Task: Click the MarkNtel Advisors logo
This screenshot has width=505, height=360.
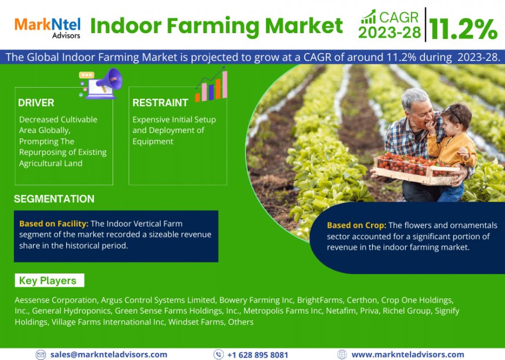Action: click(47, 26)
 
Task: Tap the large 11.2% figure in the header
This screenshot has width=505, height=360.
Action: click(463, 28)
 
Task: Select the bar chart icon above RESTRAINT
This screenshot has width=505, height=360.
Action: click(211, 85)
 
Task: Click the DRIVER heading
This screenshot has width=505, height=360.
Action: click(36, 103)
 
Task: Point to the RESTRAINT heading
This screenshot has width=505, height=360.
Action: click(160, 103)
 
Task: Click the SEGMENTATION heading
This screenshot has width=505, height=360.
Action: click(54, 199)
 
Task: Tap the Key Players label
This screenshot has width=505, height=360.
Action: click(48, 281)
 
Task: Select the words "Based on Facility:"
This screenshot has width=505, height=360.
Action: click(54, 224)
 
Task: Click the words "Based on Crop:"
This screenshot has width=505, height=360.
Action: click(356, 225)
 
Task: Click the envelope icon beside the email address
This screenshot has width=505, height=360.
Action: click(41, 354)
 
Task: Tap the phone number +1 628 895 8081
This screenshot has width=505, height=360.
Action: click(257, 354)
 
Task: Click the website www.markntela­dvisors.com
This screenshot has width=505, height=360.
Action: click(407, 354)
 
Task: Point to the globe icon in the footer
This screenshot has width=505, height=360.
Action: click(342, 354)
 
